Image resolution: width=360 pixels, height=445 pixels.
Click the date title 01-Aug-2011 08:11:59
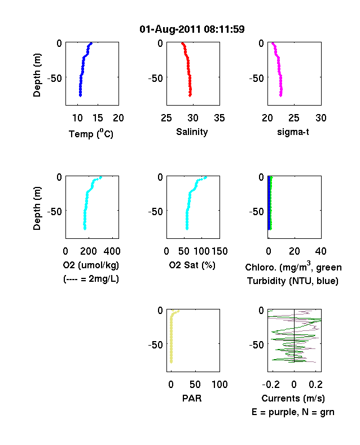coord(192,29)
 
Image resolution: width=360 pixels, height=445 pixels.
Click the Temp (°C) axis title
coord(91,134)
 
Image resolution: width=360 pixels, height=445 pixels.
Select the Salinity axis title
coord(192,132)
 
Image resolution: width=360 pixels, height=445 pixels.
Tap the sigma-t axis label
coord(293,132)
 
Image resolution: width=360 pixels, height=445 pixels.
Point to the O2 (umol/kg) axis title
coord(91,265)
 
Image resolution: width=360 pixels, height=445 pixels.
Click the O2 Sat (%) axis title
coord(192,265)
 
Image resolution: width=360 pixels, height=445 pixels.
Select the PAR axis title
coord(192,398)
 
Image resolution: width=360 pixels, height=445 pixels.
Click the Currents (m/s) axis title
coord(293,399)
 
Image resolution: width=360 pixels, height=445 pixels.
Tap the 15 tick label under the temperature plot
coord(98,118)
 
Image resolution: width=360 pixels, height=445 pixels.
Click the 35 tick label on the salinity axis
coord(219,118)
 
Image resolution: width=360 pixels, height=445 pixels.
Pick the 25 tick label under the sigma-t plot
coord(294,118)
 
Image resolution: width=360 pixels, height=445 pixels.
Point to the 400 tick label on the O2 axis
coord(112,251)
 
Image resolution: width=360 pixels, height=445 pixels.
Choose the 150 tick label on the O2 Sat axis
coord(219,251)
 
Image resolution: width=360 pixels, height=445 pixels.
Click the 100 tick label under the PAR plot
coord(219,385)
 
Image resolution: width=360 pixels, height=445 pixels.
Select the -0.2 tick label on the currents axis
coord(271,385)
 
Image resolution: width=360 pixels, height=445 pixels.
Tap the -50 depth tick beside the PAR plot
coord(156,345)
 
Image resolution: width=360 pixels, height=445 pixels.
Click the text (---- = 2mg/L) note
coord(91,280)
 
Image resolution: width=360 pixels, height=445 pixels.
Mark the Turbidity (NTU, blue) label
coord(293,281)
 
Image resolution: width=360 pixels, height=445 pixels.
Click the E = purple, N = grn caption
coord(293,412)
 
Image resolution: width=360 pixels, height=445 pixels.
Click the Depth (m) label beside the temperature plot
coord(37,75)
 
